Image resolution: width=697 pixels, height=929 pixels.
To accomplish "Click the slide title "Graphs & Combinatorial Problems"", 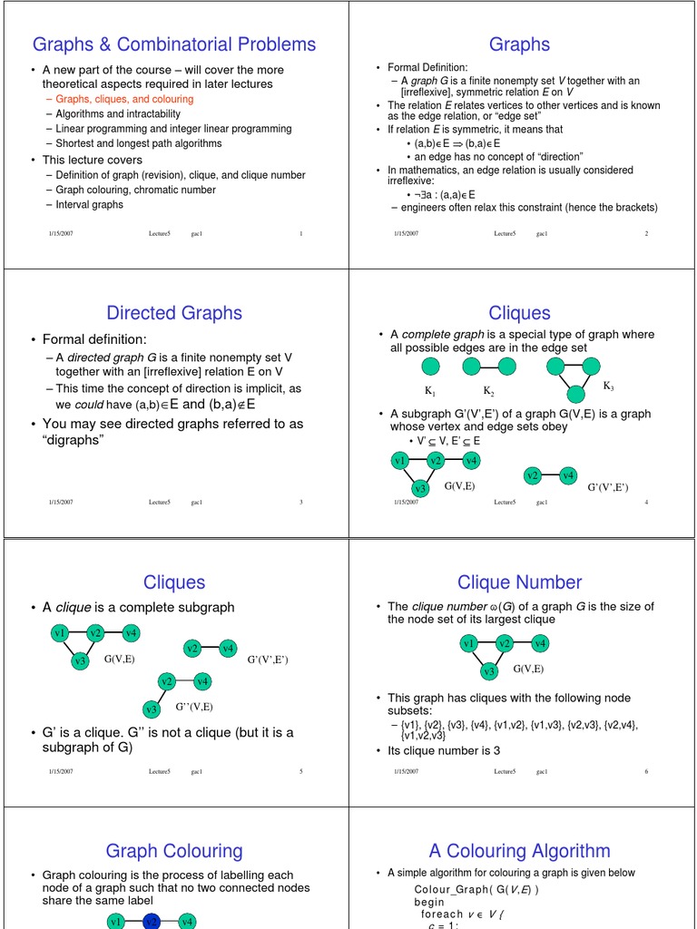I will pos(174,44).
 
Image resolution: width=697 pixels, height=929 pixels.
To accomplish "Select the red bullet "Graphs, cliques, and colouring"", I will pos(124,99).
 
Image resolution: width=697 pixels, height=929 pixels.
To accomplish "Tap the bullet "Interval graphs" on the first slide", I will pos(89,204).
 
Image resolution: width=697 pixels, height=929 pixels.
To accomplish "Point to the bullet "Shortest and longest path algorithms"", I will pos(138,143).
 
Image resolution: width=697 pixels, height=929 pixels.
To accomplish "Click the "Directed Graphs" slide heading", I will pos(174,313).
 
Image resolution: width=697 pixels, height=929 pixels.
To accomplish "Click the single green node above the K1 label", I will pos(430,367).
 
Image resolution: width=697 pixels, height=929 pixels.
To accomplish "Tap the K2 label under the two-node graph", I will pos(487,391).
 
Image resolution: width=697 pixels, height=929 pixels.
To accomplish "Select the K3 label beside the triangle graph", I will pos(608,386).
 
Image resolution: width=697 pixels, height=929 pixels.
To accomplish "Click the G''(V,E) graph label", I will pos(194,706).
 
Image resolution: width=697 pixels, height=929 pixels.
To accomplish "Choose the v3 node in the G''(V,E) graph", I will pos(152,709).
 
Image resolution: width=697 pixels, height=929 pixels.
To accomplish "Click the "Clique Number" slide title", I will pos(519,582).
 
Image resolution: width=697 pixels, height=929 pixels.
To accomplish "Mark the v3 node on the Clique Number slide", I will pos(489,671).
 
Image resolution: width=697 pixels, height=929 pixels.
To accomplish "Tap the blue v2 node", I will pos(152,922).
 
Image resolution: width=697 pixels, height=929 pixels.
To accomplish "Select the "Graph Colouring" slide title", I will pos(174,851).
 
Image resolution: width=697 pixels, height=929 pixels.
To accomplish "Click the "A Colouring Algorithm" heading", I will pos(519,851).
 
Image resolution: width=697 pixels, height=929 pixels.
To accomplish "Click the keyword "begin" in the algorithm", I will pos(429,903).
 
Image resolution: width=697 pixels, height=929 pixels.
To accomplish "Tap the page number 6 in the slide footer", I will pos(646,771).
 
